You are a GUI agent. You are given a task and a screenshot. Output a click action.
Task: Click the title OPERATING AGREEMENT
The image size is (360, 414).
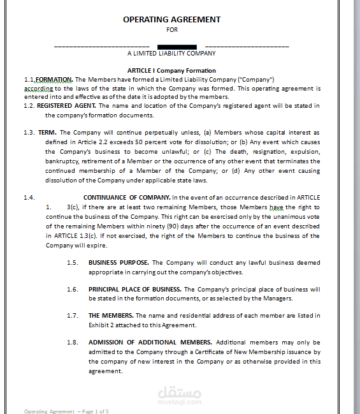pyautogui.click(x=171, y=20)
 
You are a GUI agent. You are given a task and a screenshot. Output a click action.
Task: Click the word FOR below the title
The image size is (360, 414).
pyautogui.click(x=172, y=29)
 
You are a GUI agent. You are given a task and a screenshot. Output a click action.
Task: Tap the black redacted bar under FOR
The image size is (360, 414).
pyautogui.click(x=176, y=46)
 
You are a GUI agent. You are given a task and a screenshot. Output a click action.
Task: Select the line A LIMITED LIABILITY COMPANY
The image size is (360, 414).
pyautogui.click(x=171, y=54)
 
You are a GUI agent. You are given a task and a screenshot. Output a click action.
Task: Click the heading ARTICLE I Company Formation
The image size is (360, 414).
pyautogui.click(x=171, y=70)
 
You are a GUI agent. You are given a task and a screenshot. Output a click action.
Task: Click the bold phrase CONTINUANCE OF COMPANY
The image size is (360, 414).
pyautogui.click(x=126, y=198)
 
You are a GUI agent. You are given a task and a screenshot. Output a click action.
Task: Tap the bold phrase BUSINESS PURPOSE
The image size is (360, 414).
pyautogui.click(x=119, y=262)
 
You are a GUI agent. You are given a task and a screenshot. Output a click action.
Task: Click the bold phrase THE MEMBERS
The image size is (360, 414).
pyautogui.click(x=111, y=315)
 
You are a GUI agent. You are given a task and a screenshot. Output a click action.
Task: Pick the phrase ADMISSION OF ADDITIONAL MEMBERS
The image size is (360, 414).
pyautogui.click(x=150, y=342)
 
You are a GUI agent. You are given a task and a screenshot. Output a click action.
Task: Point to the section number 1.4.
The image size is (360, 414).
pyautogui.click(x=29, y=198)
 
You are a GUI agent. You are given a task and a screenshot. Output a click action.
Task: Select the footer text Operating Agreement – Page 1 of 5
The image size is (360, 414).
pyautogui.click(x=66, y=411)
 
